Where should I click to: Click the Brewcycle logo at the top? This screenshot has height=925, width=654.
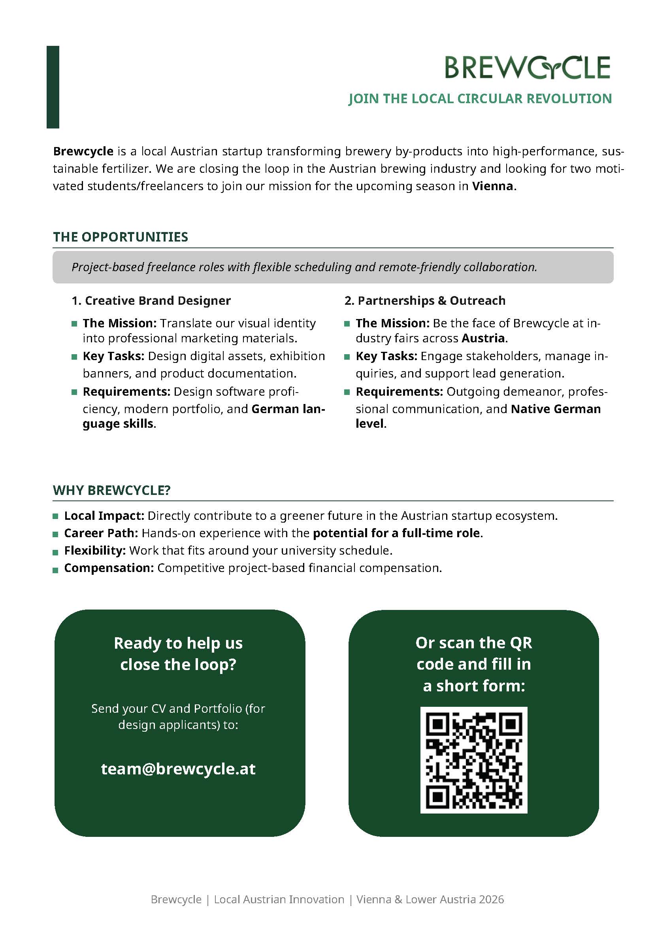coord(528,67)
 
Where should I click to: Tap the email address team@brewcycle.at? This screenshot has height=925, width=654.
coord(178,769)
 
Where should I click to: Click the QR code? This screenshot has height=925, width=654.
coord(473,760)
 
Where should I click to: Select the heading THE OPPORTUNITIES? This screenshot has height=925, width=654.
coord(121,237)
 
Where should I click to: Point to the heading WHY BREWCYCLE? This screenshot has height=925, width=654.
coord(111,490)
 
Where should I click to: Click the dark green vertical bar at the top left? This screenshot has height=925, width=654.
coord(53,87)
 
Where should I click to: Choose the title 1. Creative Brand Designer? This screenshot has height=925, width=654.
coord(151,300)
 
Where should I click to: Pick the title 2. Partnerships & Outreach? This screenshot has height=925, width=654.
coord(425,300)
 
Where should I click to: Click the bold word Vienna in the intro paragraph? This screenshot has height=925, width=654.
coord(492,186)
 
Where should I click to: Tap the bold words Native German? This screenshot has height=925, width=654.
coord(556,409)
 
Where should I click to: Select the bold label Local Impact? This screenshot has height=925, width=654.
coord(104,516)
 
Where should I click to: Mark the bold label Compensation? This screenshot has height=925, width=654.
coord(109,568)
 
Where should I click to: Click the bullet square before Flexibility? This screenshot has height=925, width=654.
coord(56,551)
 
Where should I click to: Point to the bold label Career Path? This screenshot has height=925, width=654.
coord(101,533)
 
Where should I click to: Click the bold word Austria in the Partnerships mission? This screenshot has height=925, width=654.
coord(483,338)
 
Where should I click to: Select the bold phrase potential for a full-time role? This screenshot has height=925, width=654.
coord(396,533)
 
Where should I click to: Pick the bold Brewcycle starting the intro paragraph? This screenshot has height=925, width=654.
coord(83,151)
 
